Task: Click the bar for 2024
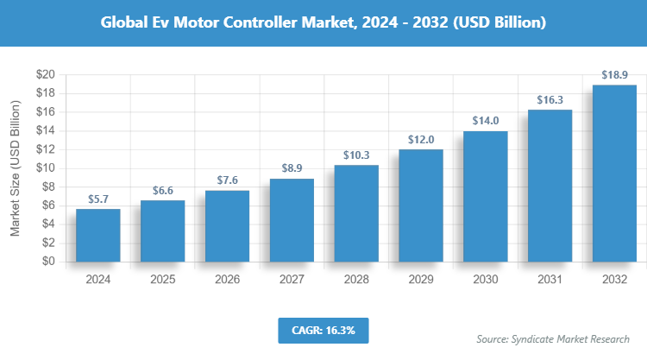[97, 235]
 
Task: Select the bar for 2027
[292, 220]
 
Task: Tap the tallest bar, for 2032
[614, 174]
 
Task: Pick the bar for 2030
[485, 197]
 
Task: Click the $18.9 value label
[614, 76]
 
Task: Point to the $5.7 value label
[97, 199]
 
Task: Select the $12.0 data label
[420, 140]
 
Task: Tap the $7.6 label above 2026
[227, 181]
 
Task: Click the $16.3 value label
[550, 100]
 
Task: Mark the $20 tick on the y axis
[46, 75]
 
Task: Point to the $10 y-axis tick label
[46, 168]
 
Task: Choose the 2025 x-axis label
[162, 281]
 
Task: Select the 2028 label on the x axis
[356, 281]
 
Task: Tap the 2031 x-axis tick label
[550, 281]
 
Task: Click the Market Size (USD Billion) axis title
[16, 168]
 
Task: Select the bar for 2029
[420, 205]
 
